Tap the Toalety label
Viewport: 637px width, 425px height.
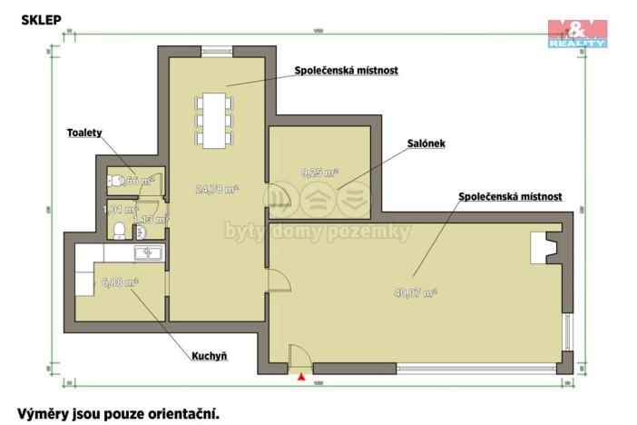click(83, 133)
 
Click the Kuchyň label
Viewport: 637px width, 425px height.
click(208, 356)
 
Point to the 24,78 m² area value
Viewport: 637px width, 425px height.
click(218, 190)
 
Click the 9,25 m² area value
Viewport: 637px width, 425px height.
click(318, 172)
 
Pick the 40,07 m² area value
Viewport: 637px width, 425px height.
click(416, 292)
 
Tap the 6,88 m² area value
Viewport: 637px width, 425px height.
click(120, 282)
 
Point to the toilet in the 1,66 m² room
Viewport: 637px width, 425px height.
click(114, 180)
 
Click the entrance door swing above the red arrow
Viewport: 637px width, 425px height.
click(299, 357)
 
